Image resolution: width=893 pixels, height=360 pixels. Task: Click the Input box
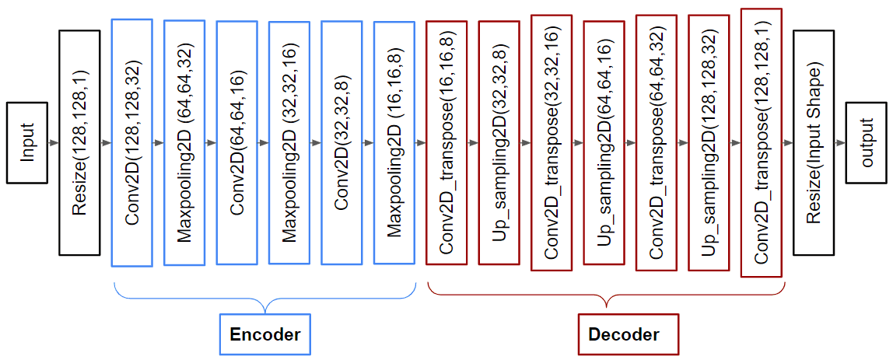pyautogui.click(x=27, y=143)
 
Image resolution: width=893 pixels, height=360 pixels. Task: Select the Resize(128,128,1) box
pyautogui.click(x=79, y=143)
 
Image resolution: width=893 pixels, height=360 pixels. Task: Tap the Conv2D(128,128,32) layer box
pyautogui.click(x=131, y=143)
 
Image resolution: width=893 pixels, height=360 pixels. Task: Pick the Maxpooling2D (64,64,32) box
pyautogui.click(x=184, y=143)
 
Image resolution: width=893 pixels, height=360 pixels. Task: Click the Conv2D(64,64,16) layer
pyautogui.click(x=236, y=143)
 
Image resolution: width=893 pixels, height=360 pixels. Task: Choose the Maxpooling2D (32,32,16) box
pyautogui.click(x=289, y=143)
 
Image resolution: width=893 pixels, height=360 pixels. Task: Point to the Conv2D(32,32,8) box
pyautogui.click(x=341, y=143)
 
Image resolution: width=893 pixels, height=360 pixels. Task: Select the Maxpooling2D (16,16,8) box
pyautogui.click(x=394, y=143)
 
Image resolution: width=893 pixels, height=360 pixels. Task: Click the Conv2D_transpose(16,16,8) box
pyautogui.click(x=446, y=143)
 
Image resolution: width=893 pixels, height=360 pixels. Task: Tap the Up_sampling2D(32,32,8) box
pyautogui.click(x=499, y=143)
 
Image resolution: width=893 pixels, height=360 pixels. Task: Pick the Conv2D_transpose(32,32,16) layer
pyautogui.click(x=552, y=143)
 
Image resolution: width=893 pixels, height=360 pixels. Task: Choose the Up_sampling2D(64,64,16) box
pyautogui.click(x=604, y=143)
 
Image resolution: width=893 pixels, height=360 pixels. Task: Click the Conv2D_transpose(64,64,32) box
pyautogui.click(x=657, y=143)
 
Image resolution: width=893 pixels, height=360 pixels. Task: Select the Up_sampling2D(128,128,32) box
pyautogui.click(x=709, y=143)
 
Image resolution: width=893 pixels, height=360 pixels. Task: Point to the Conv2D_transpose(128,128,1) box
pyautogui.click(x=762, y=143)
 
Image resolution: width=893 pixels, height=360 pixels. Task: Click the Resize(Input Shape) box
pyautogui.click(x=814, y=143)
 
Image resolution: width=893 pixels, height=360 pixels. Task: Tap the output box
pyautogui.click(x=866, y=143)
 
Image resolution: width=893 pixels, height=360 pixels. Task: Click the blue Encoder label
pyautogui.click(x=264, y=334)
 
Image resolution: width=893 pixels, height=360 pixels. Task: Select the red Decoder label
pyautogui.click(x=624, y=335)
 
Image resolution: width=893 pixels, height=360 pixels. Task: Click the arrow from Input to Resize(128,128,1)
pyautogui.click(x=53, y=143)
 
